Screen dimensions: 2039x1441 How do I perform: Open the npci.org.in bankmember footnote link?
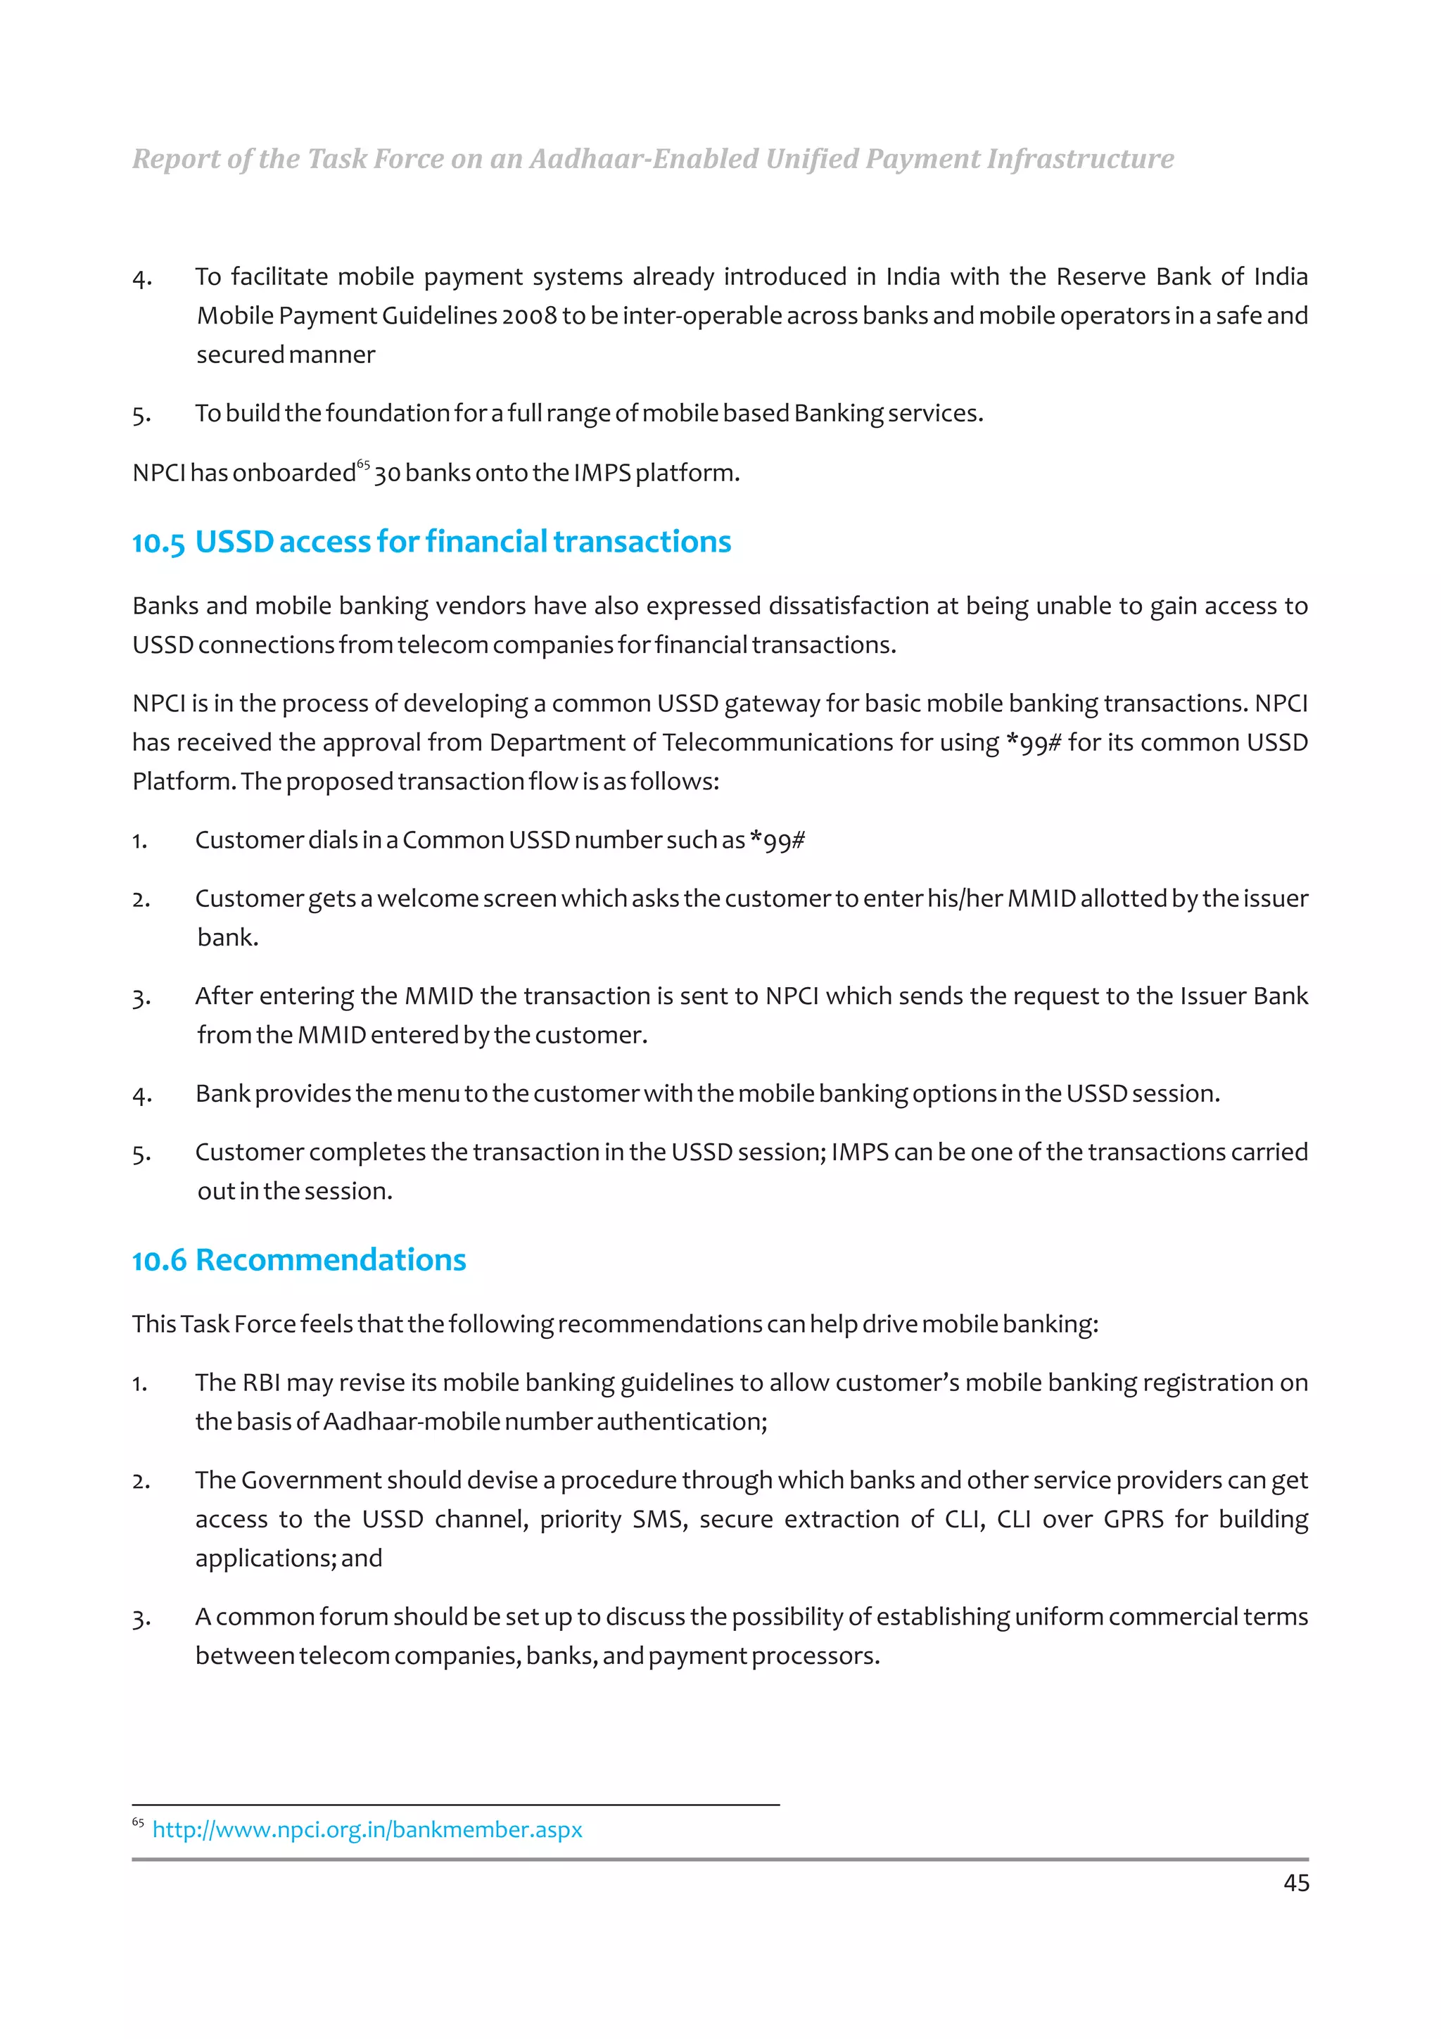(x=367, y=1829)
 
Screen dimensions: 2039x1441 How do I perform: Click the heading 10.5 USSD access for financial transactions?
(x=431, y=542)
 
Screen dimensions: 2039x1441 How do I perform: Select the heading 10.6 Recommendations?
(x=299, y=1259)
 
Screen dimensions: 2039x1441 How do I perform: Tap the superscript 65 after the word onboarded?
(x=363, y=464)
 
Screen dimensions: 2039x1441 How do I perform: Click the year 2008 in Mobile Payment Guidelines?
(x=528, y=316)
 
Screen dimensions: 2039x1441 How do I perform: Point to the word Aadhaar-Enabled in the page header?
(x=644, y=159)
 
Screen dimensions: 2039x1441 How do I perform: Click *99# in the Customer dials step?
(x=777, y=840)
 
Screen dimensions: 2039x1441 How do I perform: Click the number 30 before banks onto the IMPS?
(x=387, y=474)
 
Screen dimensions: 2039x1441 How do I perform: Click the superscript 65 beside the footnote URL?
(x=138, y=1822)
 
